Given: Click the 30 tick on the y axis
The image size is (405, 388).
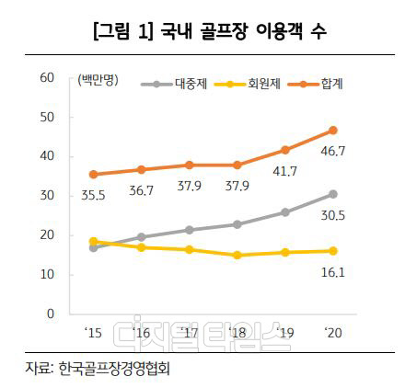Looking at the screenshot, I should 48,196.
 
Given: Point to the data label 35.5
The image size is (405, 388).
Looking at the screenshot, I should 93,195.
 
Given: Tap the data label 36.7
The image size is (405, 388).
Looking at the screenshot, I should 142,190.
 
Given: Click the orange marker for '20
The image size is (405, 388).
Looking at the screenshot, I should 332,130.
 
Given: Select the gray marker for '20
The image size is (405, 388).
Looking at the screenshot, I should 332,194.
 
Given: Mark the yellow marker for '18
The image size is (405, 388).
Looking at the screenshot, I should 237,255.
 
